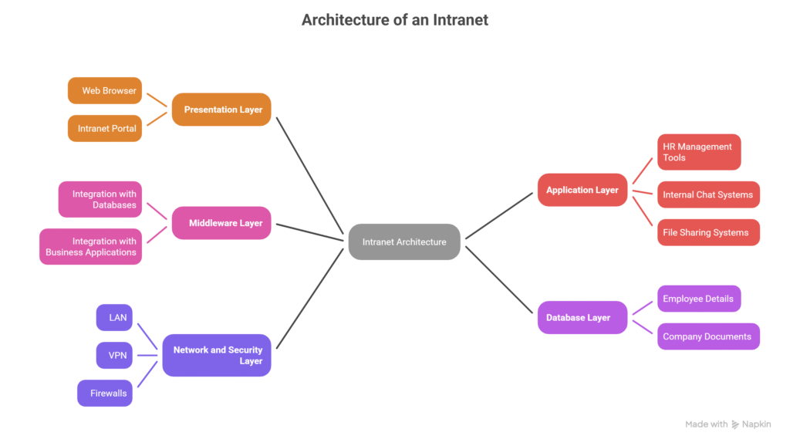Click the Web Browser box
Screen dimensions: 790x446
tap(105, 91)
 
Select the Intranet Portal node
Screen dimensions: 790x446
tap(105, 129)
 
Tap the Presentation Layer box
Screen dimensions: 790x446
tap(221, 110)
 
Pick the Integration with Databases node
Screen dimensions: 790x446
tap(100, 200)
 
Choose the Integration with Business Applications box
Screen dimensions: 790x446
tap(91, 246)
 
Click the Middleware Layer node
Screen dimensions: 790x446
tap(221, 223)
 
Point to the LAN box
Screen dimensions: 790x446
tap(114, 317)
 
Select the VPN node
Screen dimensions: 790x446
tap(114, 355)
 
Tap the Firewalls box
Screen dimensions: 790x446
tap(105, 393)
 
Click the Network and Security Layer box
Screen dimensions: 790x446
tap(217, 355)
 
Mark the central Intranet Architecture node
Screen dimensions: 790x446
tap(404, 242)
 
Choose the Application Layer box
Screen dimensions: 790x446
tap(582, 190)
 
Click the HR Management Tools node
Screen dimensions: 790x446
tap(699, 152)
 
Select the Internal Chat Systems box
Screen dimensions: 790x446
tap(708, 194)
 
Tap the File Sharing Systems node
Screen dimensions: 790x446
tap(708, 232)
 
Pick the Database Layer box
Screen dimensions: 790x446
tap(582, 317)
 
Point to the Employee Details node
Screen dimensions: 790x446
tap(699, 299)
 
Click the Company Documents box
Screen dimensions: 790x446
tap(708, 336)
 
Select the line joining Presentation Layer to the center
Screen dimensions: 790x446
tap(310, 176)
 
